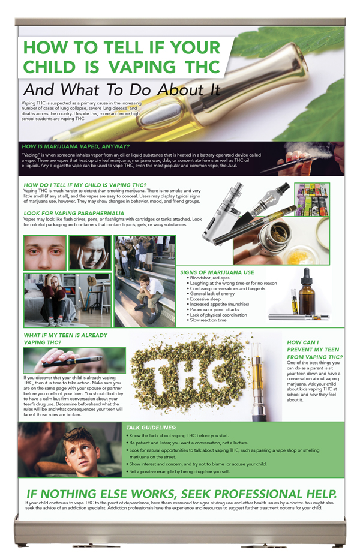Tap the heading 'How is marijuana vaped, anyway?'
[76, 146]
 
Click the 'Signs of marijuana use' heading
[215, 272]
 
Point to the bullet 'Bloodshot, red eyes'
[210, 278]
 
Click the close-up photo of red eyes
[44, 253]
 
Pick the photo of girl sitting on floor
[66, 299]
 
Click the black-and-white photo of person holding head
[89, 253]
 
